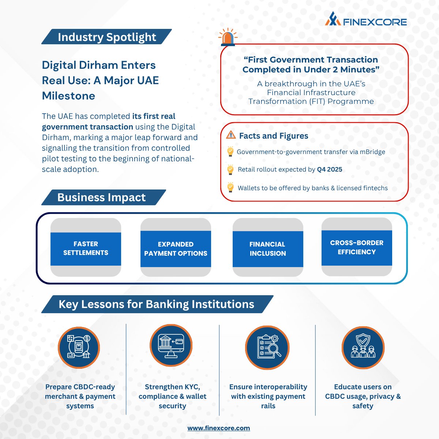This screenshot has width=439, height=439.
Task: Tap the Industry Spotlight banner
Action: tap(106, 37)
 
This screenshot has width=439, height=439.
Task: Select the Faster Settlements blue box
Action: tap(86, 248)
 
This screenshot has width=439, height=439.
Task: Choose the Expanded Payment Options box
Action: tap(176, 249)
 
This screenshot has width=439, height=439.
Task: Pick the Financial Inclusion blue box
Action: tap(268, 249)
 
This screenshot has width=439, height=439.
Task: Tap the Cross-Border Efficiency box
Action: tap(357, 247)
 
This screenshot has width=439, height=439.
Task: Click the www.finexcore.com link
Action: tap(219, 428)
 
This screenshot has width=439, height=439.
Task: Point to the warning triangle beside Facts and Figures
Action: tap(231, 135)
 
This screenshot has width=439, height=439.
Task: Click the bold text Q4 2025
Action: tap(330, 169)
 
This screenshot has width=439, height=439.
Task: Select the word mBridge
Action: tap(372, 152)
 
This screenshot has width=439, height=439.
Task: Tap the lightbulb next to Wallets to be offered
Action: tap(230, 187)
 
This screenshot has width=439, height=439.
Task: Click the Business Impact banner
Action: tap(101, 198)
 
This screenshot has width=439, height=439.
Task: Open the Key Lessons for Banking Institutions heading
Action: tap(156, 304)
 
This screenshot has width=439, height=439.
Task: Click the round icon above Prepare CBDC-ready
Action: tap(79, 347)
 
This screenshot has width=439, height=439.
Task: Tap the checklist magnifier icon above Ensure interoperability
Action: tap(268, 347)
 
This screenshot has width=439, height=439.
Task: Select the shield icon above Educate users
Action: tap(363, 347)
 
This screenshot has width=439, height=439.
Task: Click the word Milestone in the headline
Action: tap(68, 96)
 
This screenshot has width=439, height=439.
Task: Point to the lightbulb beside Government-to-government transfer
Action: tap(230, 151)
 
